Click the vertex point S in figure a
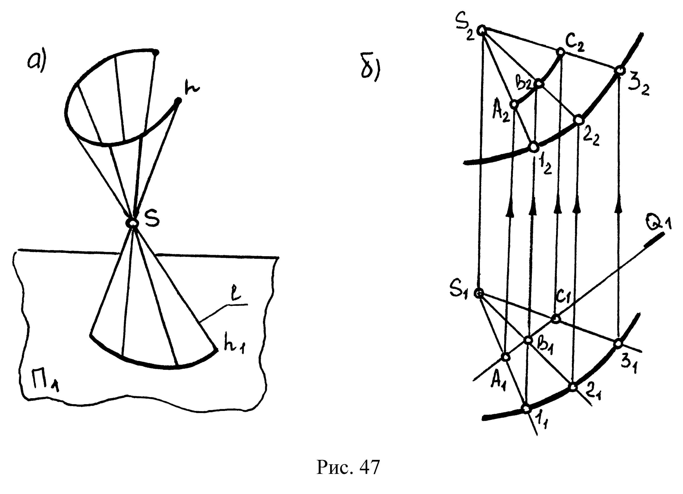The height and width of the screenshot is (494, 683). [133, 223]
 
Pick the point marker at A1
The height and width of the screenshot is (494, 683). [506, 357]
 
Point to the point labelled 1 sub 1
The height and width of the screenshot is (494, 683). [526, 408]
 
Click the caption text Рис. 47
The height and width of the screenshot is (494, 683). [348, 467]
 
